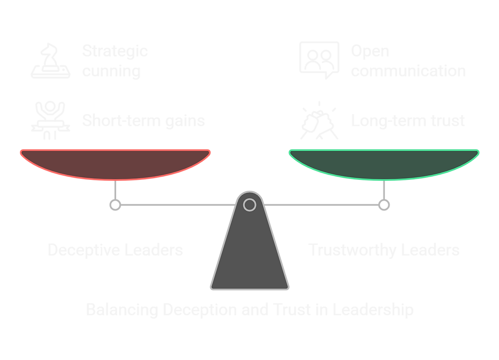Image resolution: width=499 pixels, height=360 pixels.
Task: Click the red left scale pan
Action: [115, 164]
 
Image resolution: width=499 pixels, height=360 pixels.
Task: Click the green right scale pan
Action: [384, 164]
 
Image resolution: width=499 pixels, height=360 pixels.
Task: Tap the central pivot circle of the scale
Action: [249, 205]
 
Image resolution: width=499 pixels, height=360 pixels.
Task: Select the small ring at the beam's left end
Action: [115, 205]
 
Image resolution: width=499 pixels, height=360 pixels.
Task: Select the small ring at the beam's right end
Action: [384, 205]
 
